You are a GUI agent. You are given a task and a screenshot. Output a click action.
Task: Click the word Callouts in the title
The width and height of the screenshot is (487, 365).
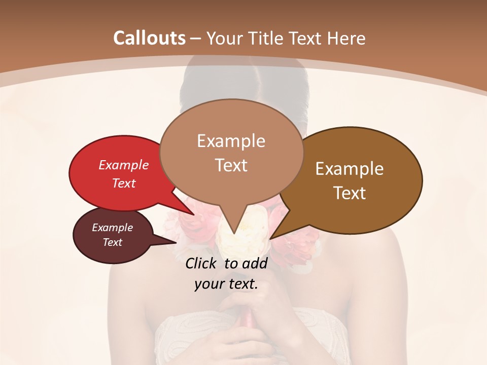149,38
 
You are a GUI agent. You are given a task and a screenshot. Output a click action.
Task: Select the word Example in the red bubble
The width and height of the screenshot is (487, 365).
124,165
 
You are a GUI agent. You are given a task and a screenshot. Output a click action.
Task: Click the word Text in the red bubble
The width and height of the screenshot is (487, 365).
124,183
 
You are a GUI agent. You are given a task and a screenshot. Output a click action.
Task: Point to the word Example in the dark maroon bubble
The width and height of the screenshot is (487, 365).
112,228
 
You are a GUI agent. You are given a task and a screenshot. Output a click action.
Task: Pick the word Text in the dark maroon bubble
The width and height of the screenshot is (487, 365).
112,242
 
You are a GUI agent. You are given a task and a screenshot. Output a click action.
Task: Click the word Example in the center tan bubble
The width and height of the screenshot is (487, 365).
231,141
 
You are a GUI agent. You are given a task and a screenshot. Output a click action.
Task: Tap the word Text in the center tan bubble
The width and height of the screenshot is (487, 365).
231,165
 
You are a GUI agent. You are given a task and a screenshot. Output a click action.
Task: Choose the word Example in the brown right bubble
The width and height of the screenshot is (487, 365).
350,169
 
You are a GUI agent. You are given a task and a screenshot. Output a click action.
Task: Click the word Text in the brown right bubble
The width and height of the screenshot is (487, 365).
350,193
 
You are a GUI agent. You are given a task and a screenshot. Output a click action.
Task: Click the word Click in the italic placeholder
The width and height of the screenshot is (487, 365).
202,263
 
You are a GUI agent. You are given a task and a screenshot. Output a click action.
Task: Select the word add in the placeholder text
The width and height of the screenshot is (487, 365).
255,263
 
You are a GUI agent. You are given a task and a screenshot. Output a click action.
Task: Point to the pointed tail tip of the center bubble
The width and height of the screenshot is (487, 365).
233,234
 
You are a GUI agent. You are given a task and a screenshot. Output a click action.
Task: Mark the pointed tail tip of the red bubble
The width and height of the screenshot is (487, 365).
193,215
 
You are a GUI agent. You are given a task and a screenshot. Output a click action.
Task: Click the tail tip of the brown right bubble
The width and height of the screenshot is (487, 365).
270,238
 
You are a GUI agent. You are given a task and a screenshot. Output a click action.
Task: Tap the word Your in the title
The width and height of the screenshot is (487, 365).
224,38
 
